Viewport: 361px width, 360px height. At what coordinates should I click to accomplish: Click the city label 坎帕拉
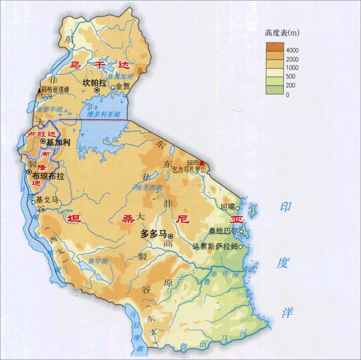tap(93, 82)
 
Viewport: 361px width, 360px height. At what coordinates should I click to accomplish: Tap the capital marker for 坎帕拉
tap(97, 90)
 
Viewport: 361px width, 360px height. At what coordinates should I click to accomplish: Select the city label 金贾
tap(124, 87)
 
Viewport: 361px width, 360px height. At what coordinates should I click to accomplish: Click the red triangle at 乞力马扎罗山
tap(202, 163)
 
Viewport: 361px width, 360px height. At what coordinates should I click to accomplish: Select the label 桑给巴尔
tap(222, 231)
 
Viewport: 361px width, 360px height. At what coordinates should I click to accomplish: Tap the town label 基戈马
tap(47, 200)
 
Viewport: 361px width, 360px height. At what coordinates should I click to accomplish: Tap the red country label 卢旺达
tap(42, 133)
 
